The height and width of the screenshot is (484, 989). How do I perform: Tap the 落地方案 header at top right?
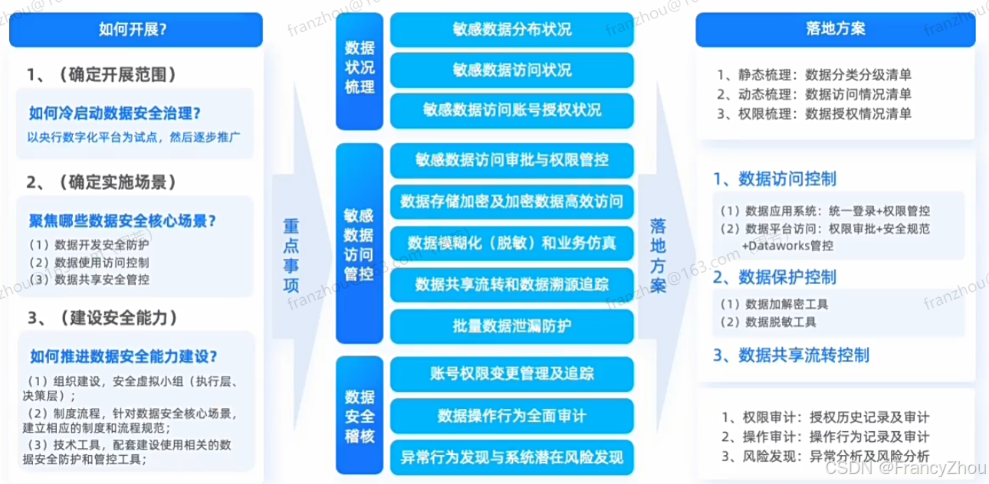point(836,31)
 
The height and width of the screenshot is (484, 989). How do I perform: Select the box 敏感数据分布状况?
point(511,31)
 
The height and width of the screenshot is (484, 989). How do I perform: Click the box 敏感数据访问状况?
point(511,70)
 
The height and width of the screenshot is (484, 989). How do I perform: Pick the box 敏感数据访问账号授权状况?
point(511,110)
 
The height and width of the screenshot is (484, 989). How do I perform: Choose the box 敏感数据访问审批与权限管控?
point(511,161)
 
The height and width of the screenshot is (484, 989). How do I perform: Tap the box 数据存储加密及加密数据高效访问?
point(511,202)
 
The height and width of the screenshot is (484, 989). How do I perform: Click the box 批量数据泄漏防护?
point(511,326)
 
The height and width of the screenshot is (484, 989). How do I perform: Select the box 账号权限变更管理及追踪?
point(511,374)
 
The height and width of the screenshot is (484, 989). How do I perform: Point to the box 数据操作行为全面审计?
point(511,416)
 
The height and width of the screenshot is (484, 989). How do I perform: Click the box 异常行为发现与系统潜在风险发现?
point(511,458)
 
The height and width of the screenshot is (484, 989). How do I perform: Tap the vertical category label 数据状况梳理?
point(360,67)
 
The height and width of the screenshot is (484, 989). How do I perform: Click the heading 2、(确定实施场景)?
point(102,182)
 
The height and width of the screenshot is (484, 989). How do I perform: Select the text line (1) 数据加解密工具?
point(774,304)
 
